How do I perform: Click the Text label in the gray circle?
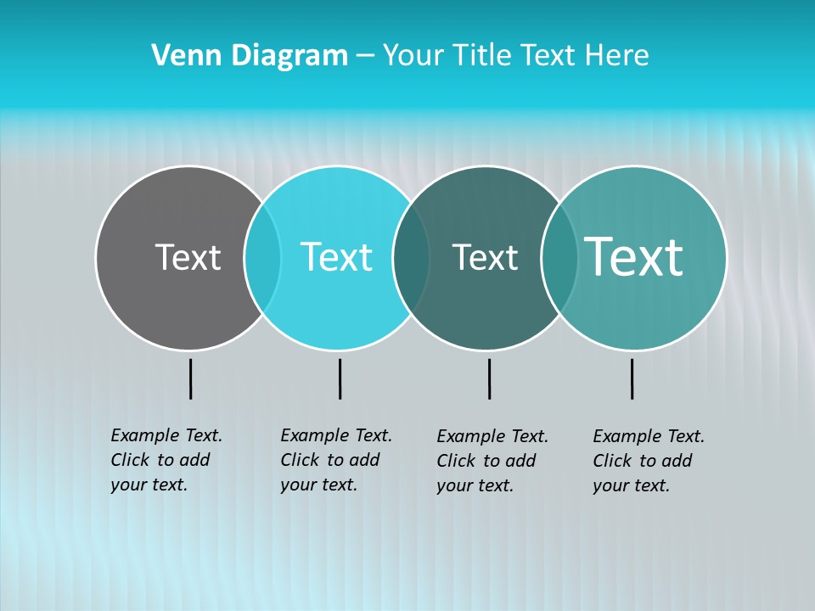pos(188,257)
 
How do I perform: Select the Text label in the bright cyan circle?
pos(336,257)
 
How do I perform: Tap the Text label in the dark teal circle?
pos(485,257)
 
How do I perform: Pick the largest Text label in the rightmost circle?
pos(634,257)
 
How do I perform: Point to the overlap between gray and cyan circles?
pos(262,257)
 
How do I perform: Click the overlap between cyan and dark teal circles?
pos(411,257)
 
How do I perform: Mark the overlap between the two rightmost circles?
pos(559,257)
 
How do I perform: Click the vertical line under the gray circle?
pos(191,378)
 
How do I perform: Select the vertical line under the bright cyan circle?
pos(340,378)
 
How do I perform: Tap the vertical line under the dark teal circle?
pos(489,378)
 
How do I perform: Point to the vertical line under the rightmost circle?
pos(632,378)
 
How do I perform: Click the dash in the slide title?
pos(365,57)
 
